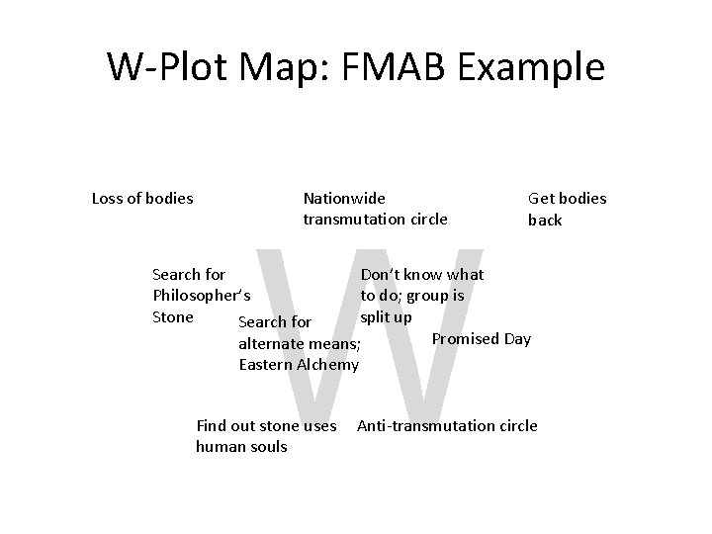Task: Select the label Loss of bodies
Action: (142, 198)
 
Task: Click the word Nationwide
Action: (344, 198)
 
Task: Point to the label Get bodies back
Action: (567, 209)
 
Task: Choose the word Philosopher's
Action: (202, 295)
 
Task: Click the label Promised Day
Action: (482, 339)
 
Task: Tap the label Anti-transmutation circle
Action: (447, 425)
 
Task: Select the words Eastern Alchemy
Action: (299, 364)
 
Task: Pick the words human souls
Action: (242, 447)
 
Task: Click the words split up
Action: (386, 316)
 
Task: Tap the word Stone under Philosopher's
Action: (173, 316)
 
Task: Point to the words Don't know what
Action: (422, 274)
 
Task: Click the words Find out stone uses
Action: (267, 425)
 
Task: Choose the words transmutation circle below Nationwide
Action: (375, 219)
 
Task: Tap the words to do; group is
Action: (412, 295)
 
